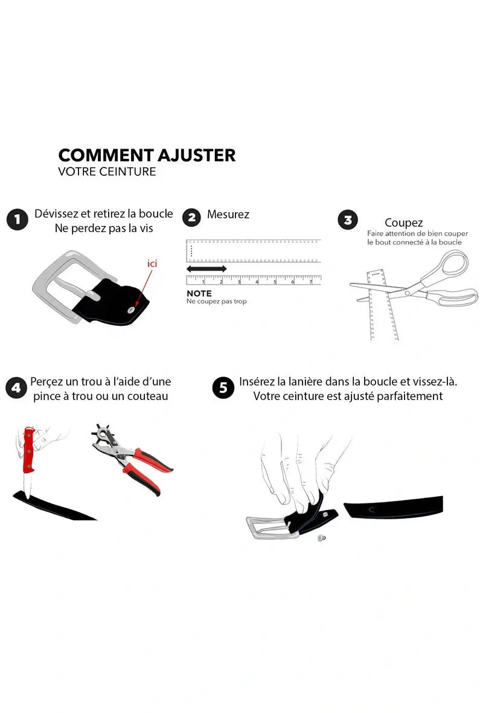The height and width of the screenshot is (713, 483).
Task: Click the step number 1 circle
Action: click(x=18, y=219)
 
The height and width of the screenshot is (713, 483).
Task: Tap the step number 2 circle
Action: click(x=191, y=217)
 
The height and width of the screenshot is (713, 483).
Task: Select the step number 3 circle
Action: click(x=348, y=220)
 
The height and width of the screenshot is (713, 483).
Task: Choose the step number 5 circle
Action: click(x=223, y=388)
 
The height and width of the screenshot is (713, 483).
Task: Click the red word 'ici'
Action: click(x=153, y=263)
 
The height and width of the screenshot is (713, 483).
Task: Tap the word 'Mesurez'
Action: click(x=228, y=215)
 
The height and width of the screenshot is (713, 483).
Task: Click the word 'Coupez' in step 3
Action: click(x=403, y=223)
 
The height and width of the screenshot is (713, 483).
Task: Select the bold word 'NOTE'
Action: click(x=199, y=293)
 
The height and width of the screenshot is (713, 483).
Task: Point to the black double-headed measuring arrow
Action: click(x=206, y=268)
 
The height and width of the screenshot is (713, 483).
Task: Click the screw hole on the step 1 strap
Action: click(x=130, y=310)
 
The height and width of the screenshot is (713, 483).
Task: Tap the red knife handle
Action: click(x=28, y=451)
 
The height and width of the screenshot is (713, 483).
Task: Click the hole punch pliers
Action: click(x=129, y=456)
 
